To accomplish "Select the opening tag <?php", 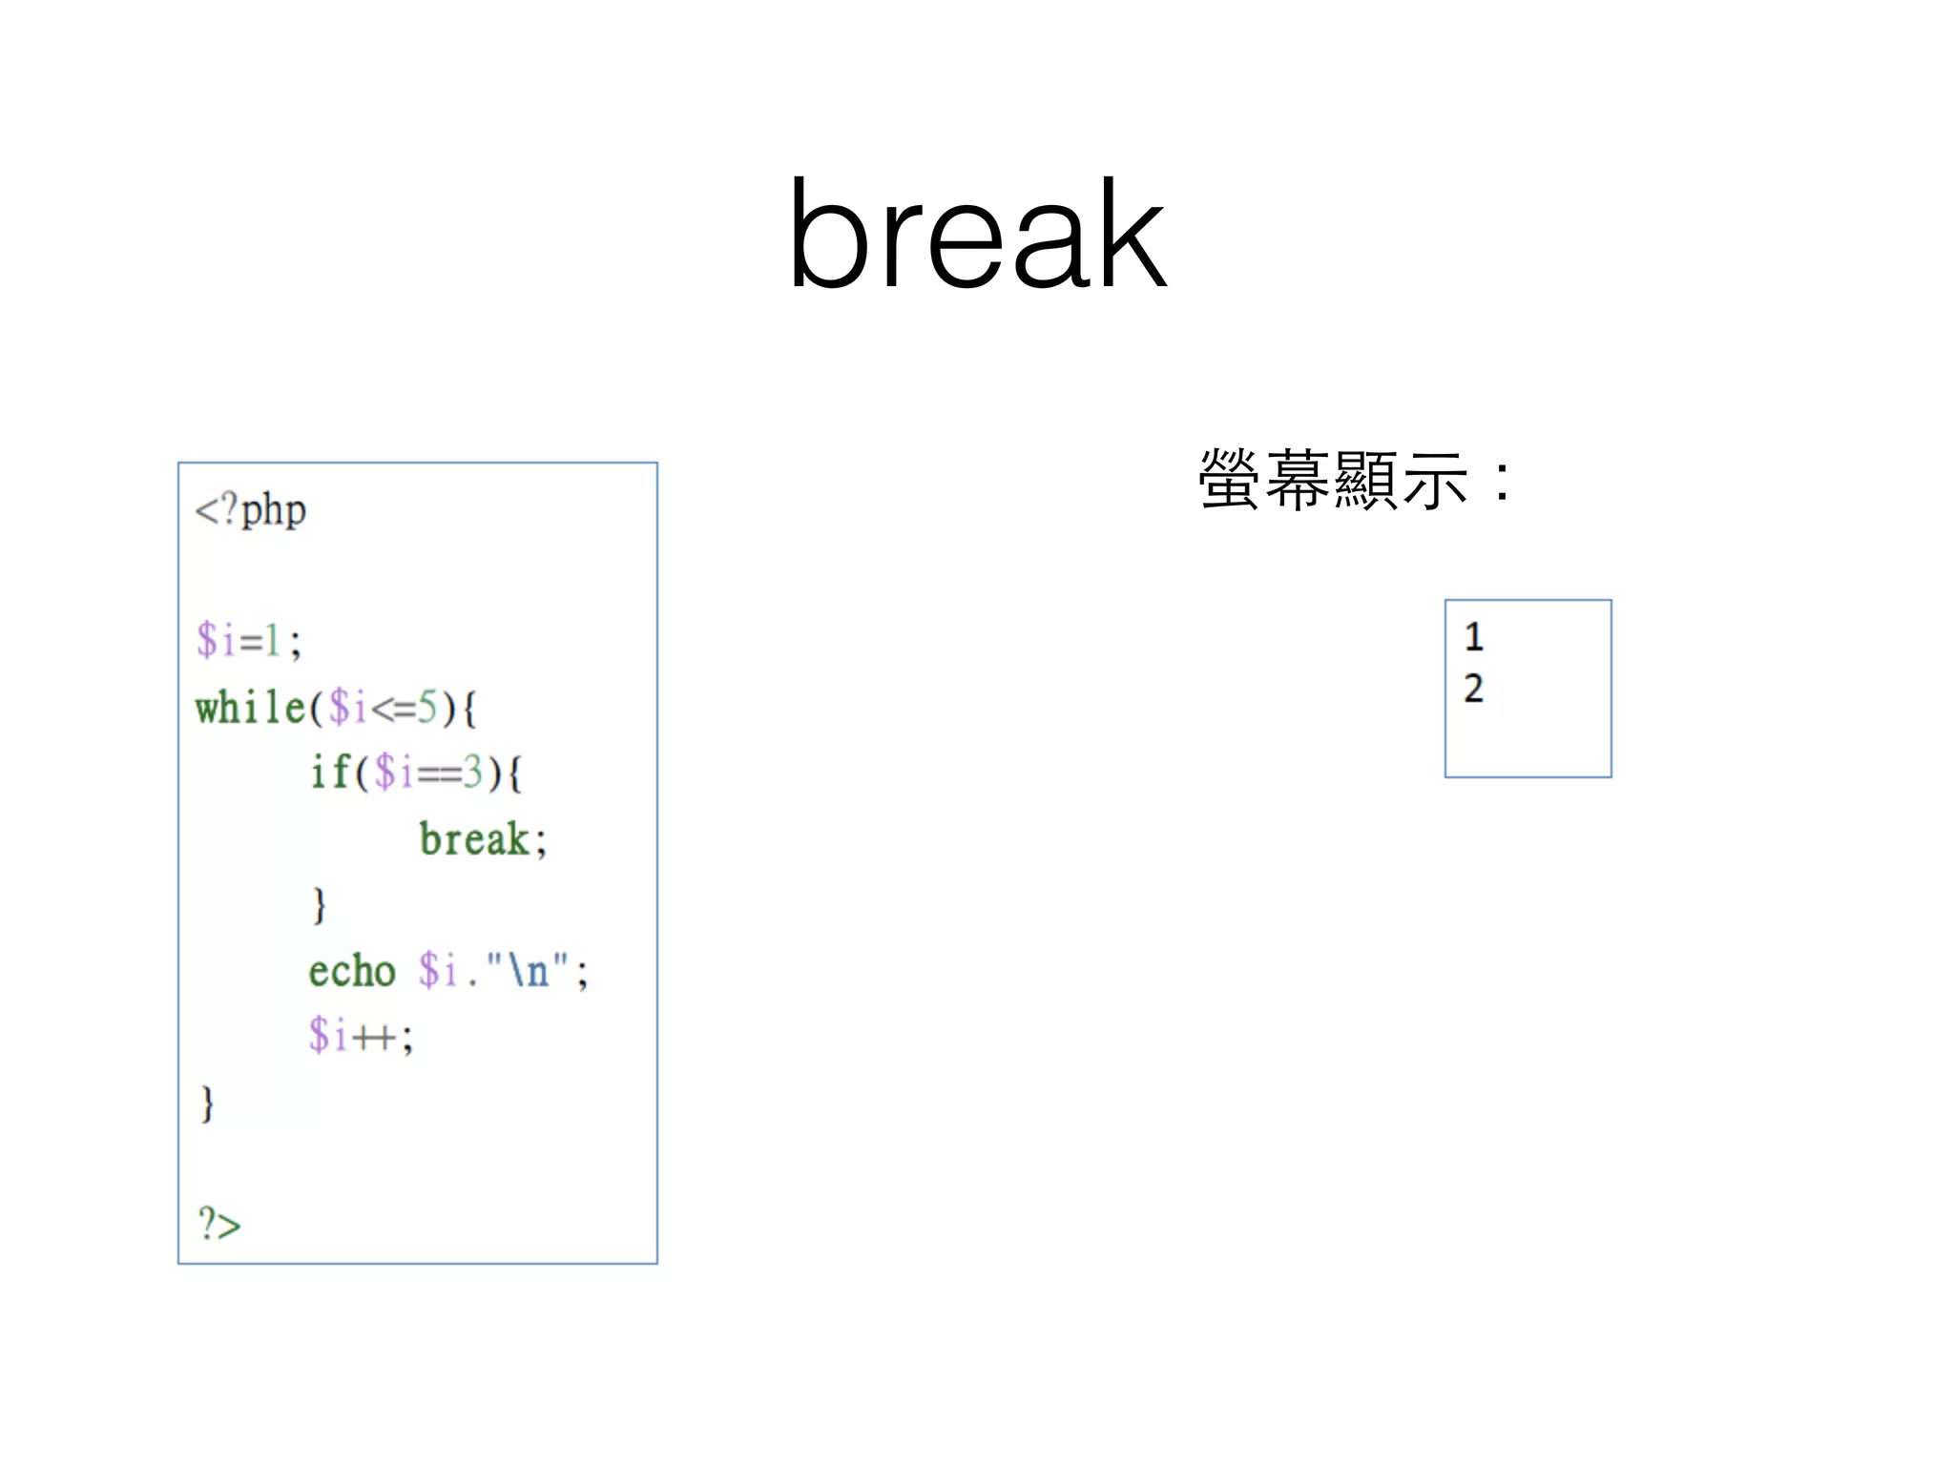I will pyautogui.click(x=251, y=510).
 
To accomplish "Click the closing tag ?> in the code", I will pyautogui.click(x=218, y=1223).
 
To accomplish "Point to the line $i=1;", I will pyautogui.click(x=249, y=640).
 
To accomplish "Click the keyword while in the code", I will pyautogui.click(x=250, y=708).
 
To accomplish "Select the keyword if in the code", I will pyautogui.click(x=330, y=772).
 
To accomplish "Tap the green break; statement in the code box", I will pyautogui.click(x=483, y=840).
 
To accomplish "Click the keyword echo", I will pyautogui.click(x=351, y=972).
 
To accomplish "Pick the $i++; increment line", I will pyautogui.click(x=361, y=1036).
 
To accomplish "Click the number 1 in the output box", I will pyautogui.click(x=1474, y=637).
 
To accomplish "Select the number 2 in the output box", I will pyautogui.click(x=1474, y=688).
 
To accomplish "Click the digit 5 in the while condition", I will pyautogui.click(x=427, y=708).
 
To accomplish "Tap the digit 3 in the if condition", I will pyautogui.click(x=472, y=772).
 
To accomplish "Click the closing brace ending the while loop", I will pyautogui.click(x=207, y=1104).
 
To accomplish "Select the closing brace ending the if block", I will pyautogui.click(x=319, y=904).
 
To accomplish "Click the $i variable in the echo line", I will pyautogui.click(x=438, y=972).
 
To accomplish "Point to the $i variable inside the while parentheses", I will pyautogui.click(x=348, y=708).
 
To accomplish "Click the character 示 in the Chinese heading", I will pyautogui.click(x=1434, y=480).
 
